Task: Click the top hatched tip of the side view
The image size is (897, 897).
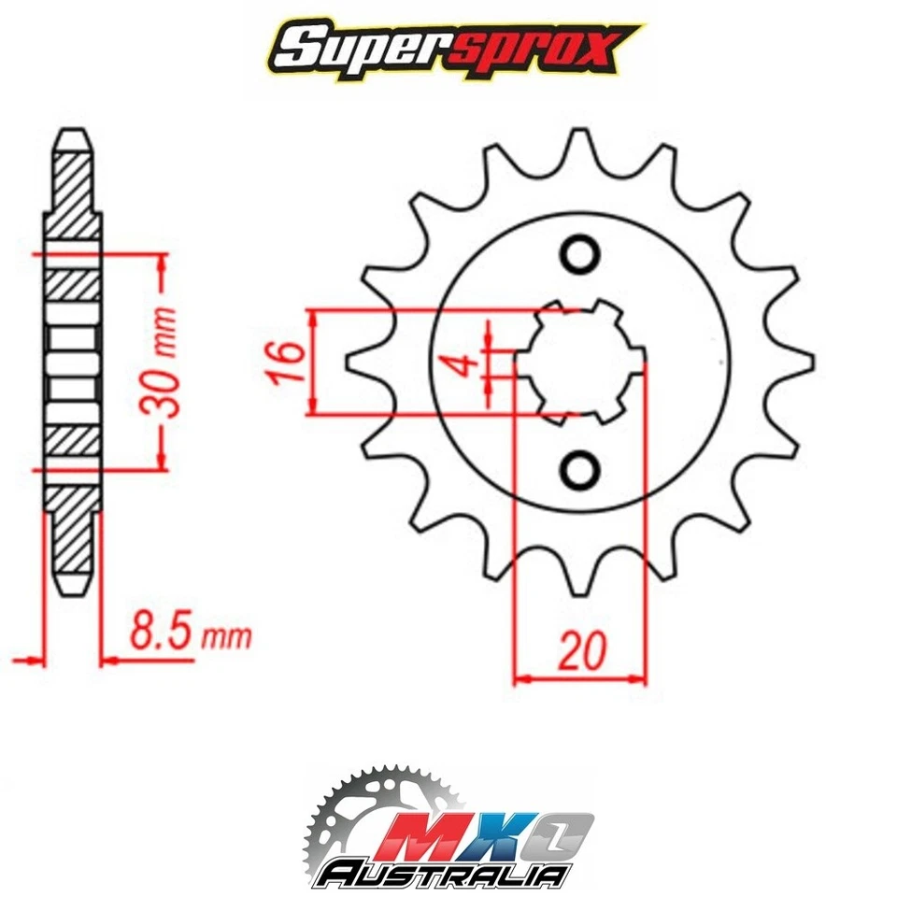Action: (x=73, y=178)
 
